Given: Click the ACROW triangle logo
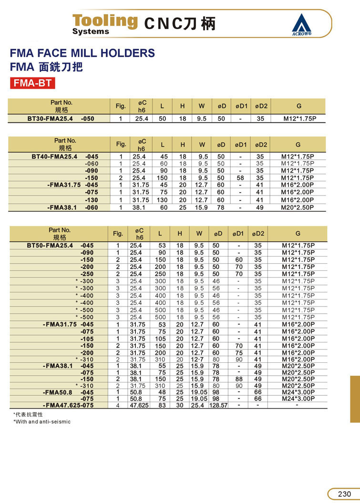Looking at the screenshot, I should click(x=301, y=23).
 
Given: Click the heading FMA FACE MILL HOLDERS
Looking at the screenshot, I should click(x=82, y=53).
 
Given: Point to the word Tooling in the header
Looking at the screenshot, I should click(x=104, y=21).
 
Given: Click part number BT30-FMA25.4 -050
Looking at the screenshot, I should click(x=61, y=119).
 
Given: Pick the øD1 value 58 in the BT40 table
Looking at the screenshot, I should click(x=241, y=178).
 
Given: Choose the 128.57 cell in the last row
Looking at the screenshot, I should click(x=218, y=405).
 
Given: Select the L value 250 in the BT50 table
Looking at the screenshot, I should click(x=160, y=274).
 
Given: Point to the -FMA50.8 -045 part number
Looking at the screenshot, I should click(x=68, y=392).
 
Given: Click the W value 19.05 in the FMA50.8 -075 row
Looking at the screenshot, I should click(x=199, y=399).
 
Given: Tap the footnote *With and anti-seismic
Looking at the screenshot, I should click(x=42, y=421).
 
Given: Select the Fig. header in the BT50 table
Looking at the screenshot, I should click(x=118, y=234).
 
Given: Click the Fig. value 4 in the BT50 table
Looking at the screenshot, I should click(x=118, y=405).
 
